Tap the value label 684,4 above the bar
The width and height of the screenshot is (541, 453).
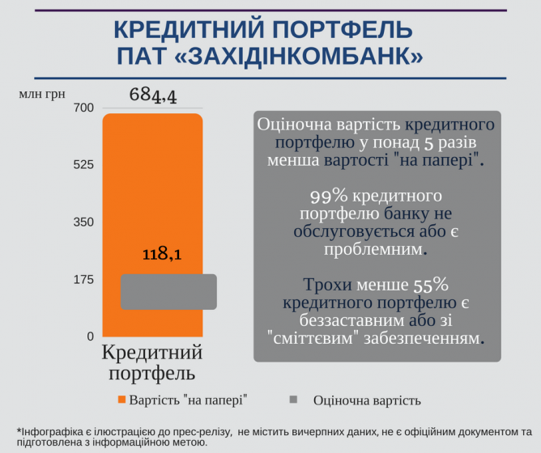(x=153, y=95)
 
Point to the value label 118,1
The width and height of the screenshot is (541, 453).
(x=161, y=253)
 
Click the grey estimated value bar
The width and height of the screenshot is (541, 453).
(x=168, y=291)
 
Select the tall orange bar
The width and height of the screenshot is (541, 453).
(x=151, y=194)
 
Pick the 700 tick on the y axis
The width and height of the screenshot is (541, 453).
(x=84, y=108)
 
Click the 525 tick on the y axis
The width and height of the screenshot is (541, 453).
(x=84, y=165)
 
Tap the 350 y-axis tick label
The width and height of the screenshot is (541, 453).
(x=84, y=222)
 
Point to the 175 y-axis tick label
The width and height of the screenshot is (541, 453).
(x=84, y=280)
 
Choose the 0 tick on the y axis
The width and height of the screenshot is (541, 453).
(x=90, y=337)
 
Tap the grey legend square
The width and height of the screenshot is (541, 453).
(x=294, y=400)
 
